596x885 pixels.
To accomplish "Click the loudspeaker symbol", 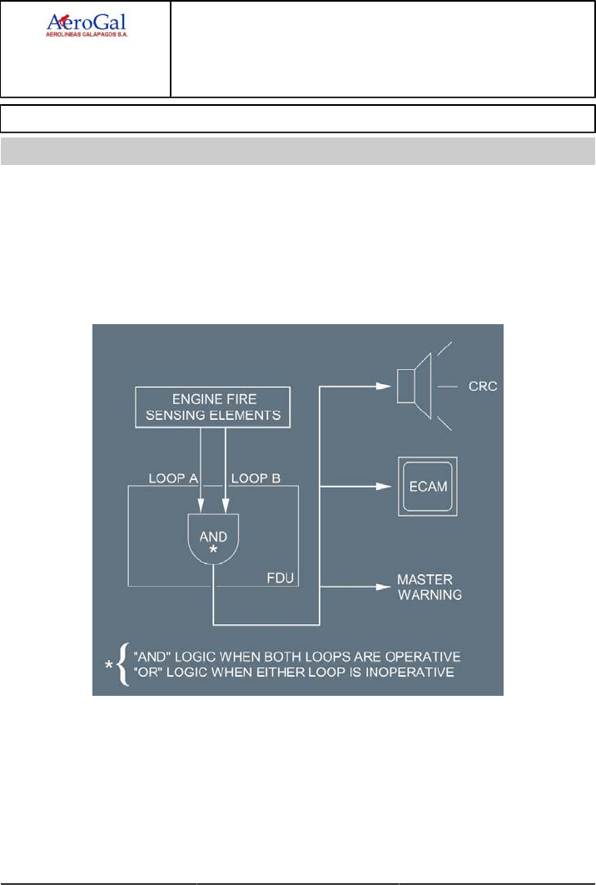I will tap(418, 387).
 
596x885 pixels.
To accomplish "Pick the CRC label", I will tap(483, 387).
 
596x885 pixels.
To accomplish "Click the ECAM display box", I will tap(426, 487).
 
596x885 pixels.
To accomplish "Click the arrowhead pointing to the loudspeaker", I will tap(384, 387).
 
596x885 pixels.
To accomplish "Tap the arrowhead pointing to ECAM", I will tap(384, 487).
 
